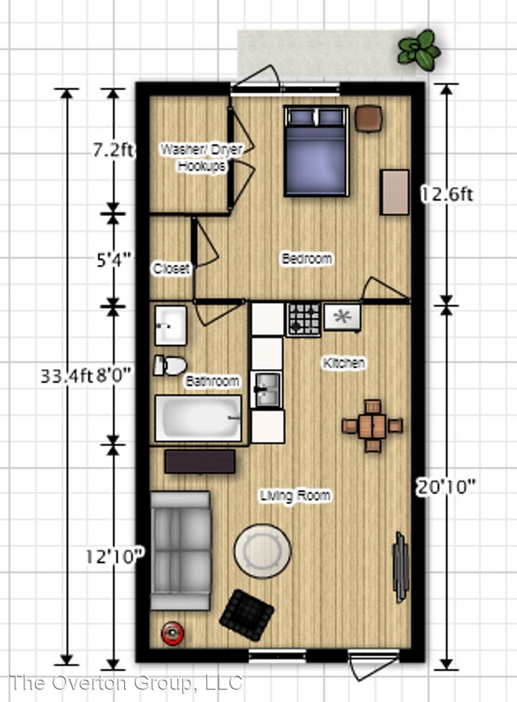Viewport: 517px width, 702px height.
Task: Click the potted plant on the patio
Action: click(419, 49)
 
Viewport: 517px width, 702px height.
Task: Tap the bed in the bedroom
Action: click(317, 151)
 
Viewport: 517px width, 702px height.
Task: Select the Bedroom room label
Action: click(307, 258)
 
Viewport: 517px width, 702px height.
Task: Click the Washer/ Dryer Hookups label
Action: click(201, 157)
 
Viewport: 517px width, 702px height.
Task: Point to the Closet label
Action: click(171, 268)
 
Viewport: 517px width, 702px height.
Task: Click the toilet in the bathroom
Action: click(169, 366)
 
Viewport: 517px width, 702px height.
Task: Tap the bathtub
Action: click(199, 418)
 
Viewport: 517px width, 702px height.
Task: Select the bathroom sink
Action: click(171, 325)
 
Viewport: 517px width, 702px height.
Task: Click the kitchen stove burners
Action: click(304, 320)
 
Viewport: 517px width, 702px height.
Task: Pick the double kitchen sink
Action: click(266, 390)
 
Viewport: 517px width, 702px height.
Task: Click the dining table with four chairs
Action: click(372, 425)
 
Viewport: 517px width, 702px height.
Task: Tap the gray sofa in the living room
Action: click(181, 550)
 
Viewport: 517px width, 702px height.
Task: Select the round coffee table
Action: click(262, 551)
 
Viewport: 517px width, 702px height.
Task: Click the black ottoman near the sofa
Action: click(247, 615)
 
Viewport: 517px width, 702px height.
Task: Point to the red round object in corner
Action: click(172, 633)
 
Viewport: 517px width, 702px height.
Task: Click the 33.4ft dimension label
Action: click(67, 375)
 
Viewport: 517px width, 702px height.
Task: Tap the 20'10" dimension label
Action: click(446, 487)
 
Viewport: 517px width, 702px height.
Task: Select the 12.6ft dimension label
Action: click(447, 194)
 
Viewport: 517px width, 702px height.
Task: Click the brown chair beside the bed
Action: click(369, 118)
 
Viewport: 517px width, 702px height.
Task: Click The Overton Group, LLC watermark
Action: click(126, 683)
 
